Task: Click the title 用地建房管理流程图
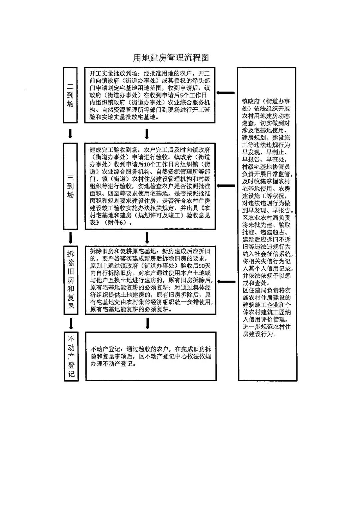coord(171,58)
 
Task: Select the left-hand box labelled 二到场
coord(70,95)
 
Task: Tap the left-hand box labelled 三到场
coord(70,186)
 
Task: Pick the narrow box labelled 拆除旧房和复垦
coord(71,280)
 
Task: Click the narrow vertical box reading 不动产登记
coord(71,356)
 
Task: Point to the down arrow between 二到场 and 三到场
coord(70,133)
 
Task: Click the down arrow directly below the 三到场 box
coord(70,238)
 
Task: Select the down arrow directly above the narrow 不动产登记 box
coord(71,323)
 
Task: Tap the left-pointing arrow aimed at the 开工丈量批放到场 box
coord(225,93)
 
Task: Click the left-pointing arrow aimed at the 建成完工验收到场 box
coord(226,186)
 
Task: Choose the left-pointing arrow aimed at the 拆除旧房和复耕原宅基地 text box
coord(226,282)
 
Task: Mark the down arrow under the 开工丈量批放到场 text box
coord(147,134)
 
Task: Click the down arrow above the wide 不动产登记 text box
coord(147,323)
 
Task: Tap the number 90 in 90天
coord(202,266)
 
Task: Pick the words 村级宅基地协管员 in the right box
coord(266,167)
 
